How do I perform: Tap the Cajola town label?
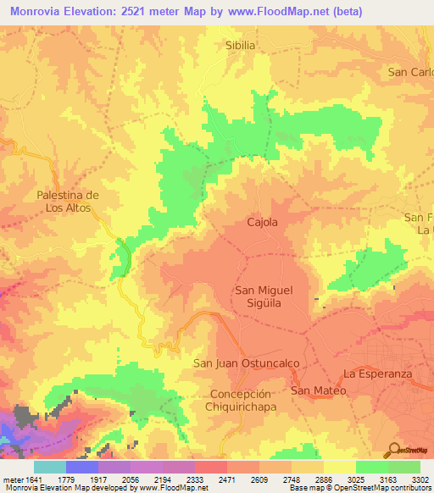[262, 222]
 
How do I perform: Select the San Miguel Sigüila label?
[264, 296]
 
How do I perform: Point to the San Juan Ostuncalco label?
[248, 363]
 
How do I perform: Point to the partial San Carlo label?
[410, 72]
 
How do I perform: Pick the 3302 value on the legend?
[420, 479]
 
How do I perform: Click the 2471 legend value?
[226, 479]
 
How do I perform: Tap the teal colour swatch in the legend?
[49, 467]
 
